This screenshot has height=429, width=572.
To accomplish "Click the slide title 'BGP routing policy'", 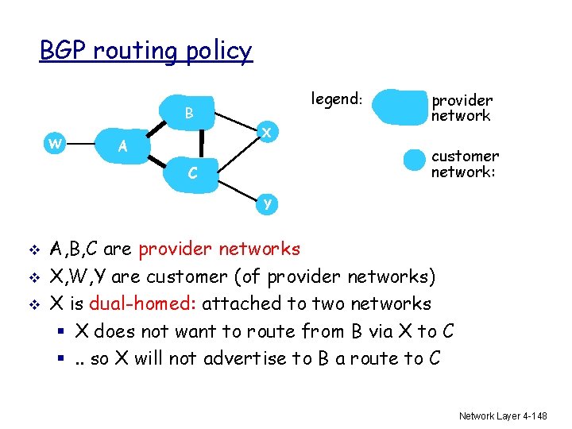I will click(146, 51).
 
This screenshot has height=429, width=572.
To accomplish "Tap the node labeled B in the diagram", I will click(189, 113).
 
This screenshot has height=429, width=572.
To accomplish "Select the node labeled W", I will click(55, 143).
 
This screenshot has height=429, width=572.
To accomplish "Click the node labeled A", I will click(122, 145).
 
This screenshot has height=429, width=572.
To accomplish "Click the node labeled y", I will click(268, 203).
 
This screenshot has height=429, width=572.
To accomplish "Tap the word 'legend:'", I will click(337, 99).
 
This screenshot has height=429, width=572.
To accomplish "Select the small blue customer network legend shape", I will click(415, 160).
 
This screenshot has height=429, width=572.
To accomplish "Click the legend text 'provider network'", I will click(462, 108).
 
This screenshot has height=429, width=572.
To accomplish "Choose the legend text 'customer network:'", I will click(465, 164).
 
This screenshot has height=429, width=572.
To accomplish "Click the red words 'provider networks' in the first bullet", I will click(219, 249).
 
